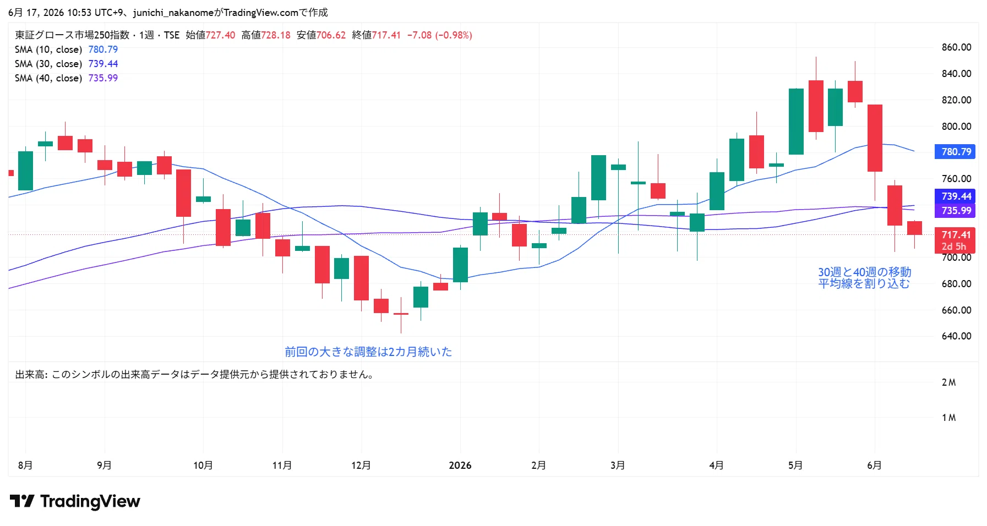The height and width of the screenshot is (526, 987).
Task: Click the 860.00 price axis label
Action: [x=956, y=47]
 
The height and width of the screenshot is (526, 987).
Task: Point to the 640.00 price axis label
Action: [x=956, y=336]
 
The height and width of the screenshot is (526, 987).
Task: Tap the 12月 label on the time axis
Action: [x=361, y=465]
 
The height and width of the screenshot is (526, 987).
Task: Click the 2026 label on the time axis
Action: [x=460, y=465]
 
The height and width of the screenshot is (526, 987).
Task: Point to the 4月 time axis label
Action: [x=716, y=465]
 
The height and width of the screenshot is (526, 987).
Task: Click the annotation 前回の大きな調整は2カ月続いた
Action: [x=368, y=352]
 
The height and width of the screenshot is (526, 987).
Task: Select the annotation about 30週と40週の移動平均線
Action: [x=864, y=278]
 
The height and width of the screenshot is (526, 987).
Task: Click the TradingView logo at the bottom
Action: [x=75, y=501]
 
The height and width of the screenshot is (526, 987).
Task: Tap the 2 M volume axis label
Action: [x=948, y=382]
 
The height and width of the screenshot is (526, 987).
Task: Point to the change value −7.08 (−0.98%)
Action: [x=440, y=35]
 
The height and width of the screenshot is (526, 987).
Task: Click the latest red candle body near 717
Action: [x=914, y=228]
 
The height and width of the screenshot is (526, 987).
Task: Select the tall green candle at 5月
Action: [x=796, y=122]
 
